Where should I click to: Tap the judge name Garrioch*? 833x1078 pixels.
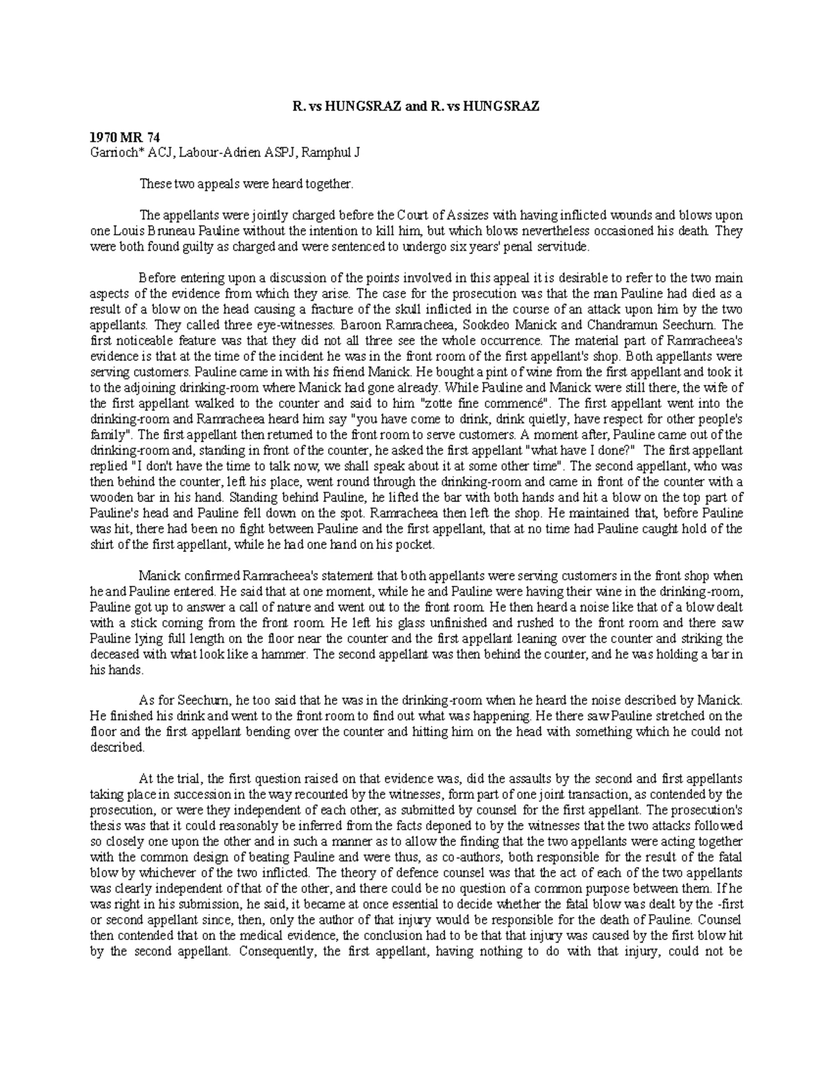click(115, 153)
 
